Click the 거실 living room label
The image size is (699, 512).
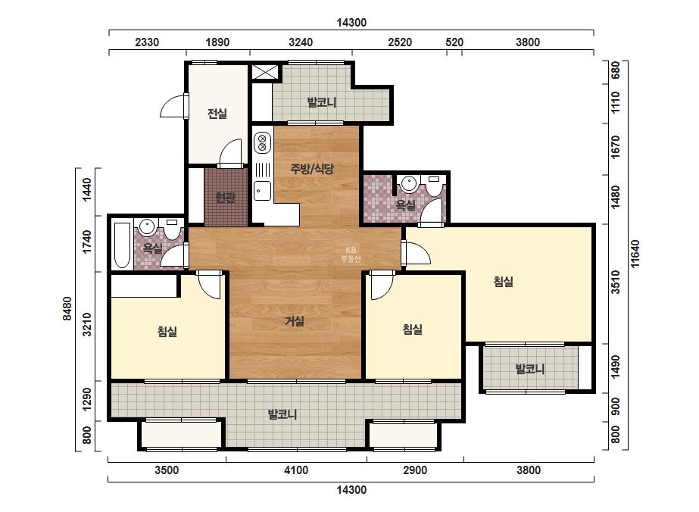pos(295,321)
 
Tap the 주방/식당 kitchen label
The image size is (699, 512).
pos(312,169)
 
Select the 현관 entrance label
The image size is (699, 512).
pos(225,197)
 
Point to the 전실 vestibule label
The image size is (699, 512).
pos(217,114)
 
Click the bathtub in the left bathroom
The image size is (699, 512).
pos(122,245)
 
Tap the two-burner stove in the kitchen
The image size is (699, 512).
pos(262,142)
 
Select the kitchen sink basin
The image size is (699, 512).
pos(262,192)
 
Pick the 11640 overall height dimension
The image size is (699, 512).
pos(635,254)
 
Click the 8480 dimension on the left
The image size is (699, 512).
pos(67,308)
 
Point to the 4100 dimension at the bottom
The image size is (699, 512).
pos(296,470)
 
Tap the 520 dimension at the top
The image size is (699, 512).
pos(454,42)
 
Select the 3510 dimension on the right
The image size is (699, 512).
pos(615,282)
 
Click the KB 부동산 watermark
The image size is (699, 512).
pos(351,254)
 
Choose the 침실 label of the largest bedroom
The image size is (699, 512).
pos(504,282)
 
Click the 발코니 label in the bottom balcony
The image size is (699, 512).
pos(282,414)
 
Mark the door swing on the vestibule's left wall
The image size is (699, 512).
pos(173,106)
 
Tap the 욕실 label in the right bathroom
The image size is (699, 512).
pos(406,204)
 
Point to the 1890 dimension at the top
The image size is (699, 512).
pos(217,42)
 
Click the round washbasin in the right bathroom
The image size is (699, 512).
pos(408,183)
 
